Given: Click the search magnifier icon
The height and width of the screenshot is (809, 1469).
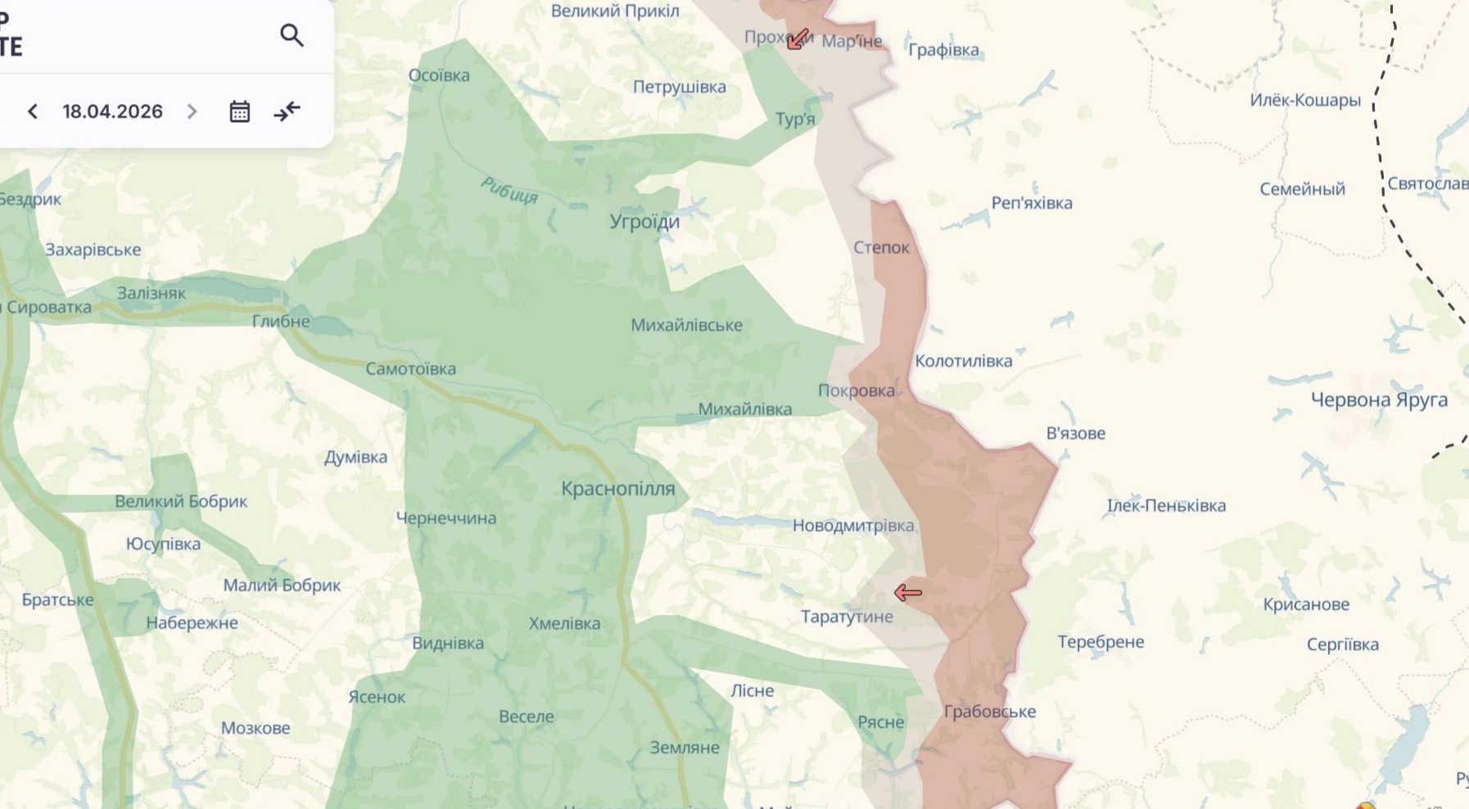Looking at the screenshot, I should pyautogui.click(x=292, y=35).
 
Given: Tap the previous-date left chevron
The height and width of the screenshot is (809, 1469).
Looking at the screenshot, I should pyautogui.click(x=33, y=111).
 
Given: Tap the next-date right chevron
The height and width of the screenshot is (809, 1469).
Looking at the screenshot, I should pyautogui.click(x=192, y=111).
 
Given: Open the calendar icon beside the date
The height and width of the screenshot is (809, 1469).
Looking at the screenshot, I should pyautogui.click(x=239, y=111).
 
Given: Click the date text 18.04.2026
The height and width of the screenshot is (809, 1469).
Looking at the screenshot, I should pyautogui.click(x=112, y=111).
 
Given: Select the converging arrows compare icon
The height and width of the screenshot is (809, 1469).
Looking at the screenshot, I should pyautogui.click(x=287, y=111).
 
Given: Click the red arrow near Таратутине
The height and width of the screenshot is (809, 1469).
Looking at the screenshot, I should pyautogui.click(x=907, y=592).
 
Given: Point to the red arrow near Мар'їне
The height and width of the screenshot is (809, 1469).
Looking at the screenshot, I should pyautogui.click(x=798, y=38).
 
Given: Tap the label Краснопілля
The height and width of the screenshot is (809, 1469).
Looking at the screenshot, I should pyautogui.click(x=618, y=489).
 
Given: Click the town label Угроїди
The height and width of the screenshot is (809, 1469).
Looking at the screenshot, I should pyautogui.click(x=644, y=221).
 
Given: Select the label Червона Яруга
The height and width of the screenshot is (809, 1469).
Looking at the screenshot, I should pyautogui.click(x=1379, y=400).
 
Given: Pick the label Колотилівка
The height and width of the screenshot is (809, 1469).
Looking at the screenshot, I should pyautogui.click(x=963, y=361).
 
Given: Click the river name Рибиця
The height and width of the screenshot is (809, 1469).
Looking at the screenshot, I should pyautogui.click(x=509, y=190).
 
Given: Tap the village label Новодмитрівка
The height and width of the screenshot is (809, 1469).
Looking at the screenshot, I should pyautogui.click(x=852, y=526).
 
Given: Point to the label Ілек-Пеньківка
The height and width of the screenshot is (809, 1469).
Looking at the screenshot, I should pyautogui.click(x=1166, y=505).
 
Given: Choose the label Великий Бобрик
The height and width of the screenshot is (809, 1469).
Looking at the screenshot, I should pyautogui.click(x=181, y=501).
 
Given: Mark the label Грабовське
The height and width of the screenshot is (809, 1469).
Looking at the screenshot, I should pyautogui.click(x=989, y=712).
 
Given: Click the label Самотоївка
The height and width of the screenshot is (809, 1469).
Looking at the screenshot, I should pyautogui.click(x=410, y=368).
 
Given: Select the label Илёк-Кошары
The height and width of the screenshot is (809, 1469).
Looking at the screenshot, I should pyautogui.click(x=1304, y=100).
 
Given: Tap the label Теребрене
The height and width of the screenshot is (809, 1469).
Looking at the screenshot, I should pyautogui.click(x=1101, y=642).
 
